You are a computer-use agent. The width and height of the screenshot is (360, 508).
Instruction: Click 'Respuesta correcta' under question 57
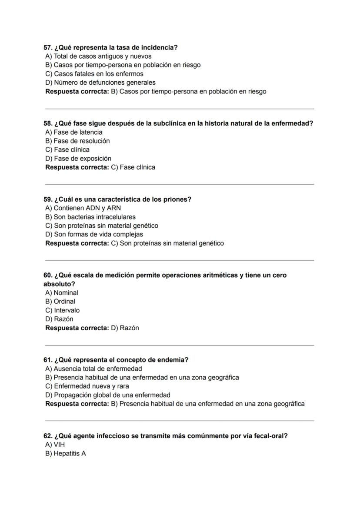click(x=77, y=91)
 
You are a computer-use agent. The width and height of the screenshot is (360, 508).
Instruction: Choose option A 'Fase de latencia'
click(x=74, y=132)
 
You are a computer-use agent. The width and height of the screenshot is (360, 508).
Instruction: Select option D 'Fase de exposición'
click(x=78, y=158)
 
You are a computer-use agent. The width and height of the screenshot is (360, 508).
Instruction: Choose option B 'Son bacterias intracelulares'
click(x=90, y=216)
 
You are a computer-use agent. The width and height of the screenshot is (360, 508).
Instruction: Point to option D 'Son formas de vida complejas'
click(x=94, y=234)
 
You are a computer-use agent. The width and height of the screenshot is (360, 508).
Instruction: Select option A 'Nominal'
click(x=62, y=292)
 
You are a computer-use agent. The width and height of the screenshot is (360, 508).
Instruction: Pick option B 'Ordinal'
click(x=60, y=301)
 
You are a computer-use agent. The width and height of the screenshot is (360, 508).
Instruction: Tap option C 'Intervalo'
click(x=63, y=310)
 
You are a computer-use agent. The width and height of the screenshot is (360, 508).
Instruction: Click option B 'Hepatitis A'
click(x=66, y=453)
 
